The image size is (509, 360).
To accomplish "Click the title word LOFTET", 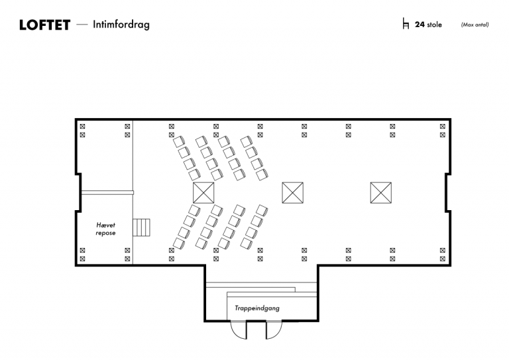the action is (x=44, y=25).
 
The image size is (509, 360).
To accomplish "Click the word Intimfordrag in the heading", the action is (x=121, y=25).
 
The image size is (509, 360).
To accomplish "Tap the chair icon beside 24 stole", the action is (x=406, y=24).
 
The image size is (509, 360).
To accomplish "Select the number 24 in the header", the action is (x=420, y=25).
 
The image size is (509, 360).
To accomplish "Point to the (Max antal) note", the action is (x=475, y=25).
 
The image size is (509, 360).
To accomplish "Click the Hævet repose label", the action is (x=105, y=229).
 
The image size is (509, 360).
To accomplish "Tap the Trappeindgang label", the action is (x=257, y=308).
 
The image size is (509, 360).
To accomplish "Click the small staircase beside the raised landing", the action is (x=142, y=227).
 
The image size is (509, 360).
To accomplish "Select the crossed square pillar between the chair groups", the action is (x=203, y=193).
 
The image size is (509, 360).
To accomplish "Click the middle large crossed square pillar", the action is (x=292, y=193).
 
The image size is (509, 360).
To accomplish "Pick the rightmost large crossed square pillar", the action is (x=381, y=193).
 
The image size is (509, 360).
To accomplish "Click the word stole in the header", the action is (x=434, y=25).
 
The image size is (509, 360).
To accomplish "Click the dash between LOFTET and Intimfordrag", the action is (x=82, y=25).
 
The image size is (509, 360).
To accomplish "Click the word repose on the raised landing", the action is (x=105, y=233).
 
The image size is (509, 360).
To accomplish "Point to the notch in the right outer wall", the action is (x=447, y=193).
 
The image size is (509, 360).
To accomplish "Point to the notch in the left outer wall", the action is (x=79, y=193).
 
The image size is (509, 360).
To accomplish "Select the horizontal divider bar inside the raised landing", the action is (x=107, y=193).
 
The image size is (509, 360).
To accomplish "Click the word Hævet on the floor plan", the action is (x=106, y=225).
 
